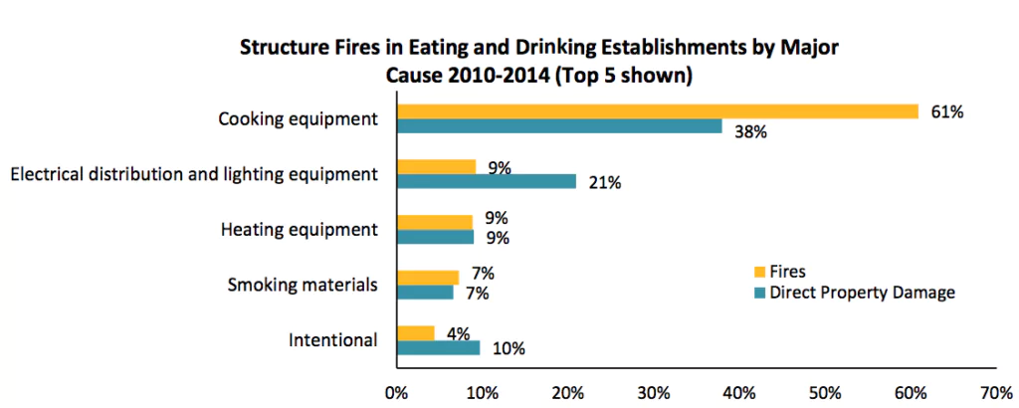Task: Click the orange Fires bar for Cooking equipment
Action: (657, 111)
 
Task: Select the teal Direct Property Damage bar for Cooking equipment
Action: (559, 126)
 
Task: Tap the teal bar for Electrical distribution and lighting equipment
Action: (487, 181)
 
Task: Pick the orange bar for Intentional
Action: (416, 333)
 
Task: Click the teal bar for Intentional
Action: (439, 348)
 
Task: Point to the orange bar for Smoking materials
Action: (428, 278)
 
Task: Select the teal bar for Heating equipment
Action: (436, 238)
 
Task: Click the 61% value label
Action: (946, 112)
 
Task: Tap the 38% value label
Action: (749, 132)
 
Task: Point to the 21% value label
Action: (604, 182)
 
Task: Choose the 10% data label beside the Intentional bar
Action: (508, 349)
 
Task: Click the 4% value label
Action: (457, 333)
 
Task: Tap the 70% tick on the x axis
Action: (995, 392)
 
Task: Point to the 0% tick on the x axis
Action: (398, 392)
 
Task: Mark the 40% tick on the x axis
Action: (737, 392)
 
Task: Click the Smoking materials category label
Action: (303, 285)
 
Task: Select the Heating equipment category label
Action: (299, 230)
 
